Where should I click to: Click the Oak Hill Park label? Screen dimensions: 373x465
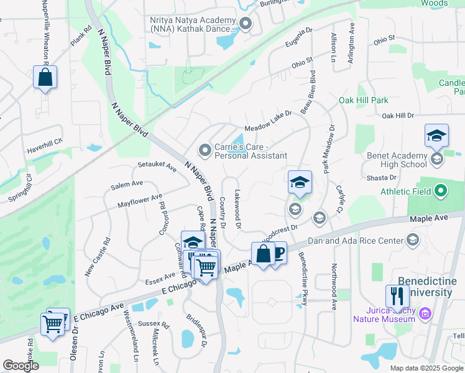point(363,100)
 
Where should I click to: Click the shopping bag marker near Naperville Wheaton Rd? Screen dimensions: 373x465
point(45,77)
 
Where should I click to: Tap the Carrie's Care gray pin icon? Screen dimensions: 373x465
point(205,150)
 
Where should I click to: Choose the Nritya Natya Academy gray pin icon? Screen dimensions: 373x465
point(246,24)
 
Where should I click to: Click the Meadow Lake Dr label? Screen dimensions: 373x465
point(268,122)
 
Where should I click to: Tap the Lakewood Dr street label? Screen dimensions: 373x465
point(237,210)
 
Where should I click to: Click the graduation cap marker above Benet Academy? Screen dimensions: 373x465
point(436,135)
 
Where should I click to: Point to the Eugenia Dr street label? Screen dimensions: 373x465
point(298,39)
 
